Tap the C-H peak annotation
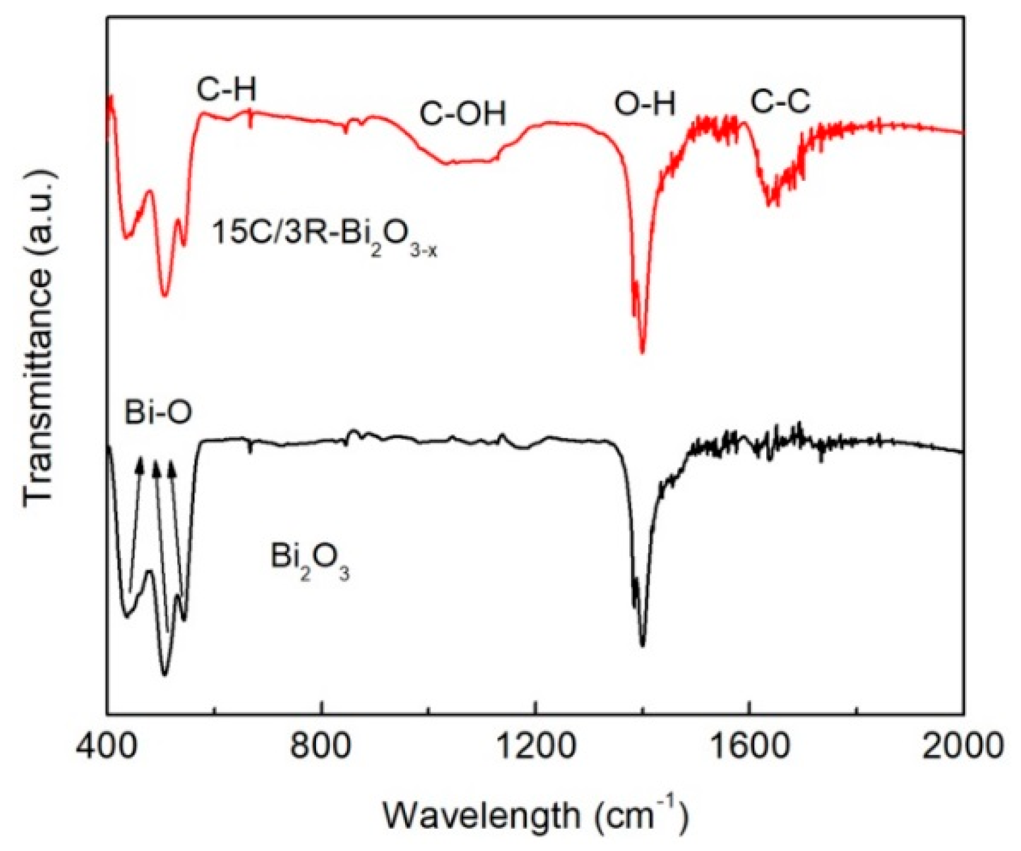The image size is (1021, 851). [226, 90]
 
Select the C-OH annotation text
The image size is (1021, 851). [463, 114]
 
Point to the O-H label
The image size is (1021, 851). [645, 105]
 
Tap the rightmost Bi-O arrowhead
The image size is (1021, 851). [172, 468]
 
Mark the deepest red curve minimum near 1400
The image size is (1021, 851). [643, 352]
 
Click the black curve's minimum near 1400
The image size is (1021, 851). [643, 646]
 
